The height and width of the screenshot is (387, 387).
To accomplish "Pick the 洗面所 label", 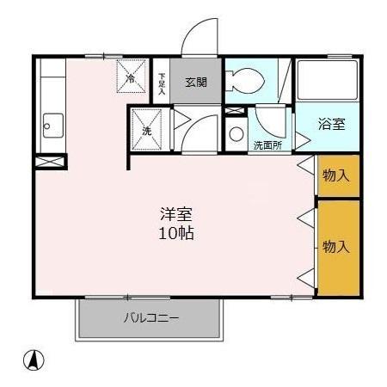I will (x=267, y=145).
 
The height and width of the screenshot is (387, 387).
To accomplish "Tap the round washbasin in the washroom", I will (x=236, y=133).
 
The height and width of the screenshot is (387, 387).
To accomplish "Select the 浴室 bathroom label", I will (x=332, y=124).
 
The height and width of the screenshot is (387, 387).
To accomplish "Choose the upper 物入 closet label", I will (x=336, y=175).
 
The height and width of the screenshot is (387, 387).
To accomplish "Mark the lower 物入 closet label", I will (x=336, y=247).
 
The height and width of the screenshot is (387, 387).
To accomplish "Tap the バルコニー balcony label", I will (x=151, y=319).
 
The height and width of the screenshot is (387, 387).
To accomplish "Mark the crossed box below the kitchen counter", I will (x=50, y=161).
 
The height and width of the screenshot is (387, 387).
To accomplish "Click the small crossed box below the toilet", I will (x=234, y=111).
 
